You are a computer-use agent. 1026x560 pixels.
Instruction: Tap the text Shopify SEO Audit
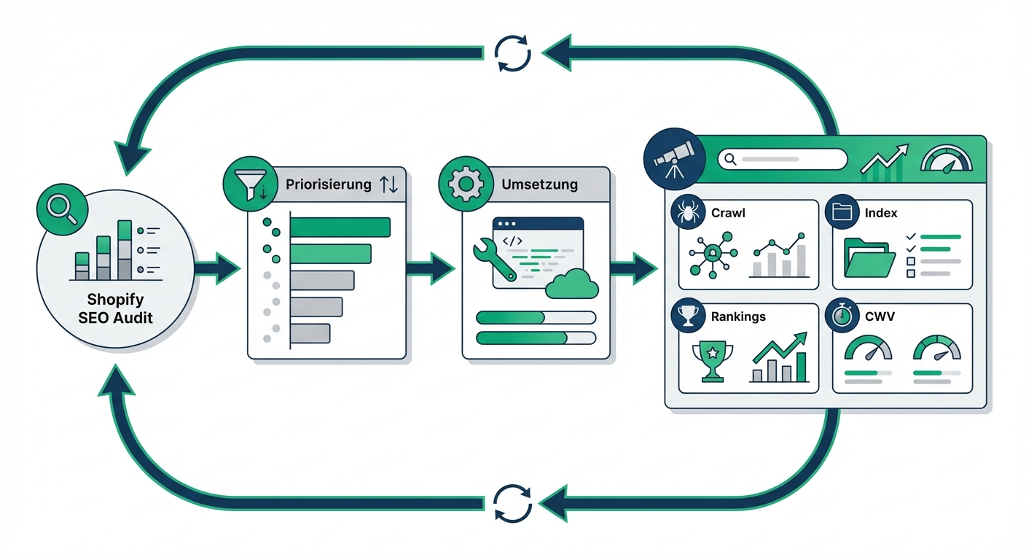[115, 308]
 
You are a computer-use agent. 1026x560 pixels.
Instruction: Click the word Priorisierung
[329, 184]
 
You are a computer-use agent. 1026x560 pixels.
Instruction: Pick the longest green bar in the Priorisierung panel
[340, 227]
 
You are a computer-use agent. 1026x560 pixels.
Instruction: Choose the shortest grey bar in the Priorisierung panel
[310, 333]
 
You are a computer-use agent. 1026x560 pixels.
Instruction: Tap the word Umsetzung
[539, 184]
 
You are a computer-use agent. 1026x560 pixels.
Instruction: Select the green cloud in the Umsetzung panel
[572, 284]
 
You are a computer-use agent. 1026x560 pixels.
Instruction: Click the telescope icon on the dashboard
[674, 159]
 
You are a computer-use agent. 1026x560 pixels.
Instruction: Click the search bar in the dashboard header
[782, 159]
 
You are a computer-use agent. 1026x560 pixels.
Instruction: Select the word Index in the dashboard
[880, 213]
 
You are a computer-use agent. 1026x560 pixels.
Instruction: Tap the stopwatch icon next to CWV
[842, 316]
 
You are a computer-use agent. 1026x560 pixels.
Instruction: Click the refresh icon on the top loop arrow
[512, 53]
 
